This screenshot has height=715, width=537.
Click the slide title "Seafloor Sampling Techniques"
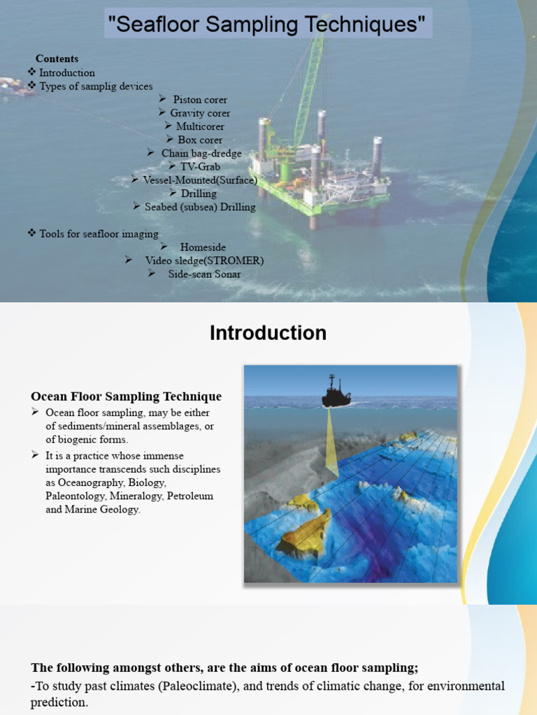[x=266, y=25]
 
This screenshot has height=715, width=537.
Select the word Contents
[x=57, y=59]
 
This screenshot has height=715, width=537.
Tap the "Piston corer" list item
[x=200, y=100]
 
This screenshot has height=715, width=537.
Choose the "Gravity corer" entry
[x=200, y=113]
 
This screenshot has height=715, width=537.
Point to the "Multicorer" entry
[x=200, y=126]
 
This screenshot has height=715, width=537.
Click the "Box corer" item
[x=200, y=140]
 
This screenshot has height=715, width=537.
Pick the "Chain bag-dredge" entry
[x=201, y=153]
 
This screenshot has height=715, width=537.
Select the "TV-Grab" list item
[x=200, y=167]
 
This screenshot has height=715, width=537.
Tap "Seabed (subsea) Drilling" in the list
[x=200, y=207]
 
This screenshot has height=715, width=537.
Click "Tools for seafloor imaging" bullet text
[x=99, y=234]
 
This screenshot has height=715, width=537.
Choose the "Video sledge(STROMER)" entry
[x=204, y=260]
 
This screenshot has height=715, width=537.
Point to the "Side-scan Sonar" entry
[x=204, y=274]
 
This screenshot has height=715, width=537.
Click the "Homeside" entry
[x=203, y=247]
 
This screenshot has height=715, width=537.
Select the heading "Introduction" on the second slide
[x=268, y=333]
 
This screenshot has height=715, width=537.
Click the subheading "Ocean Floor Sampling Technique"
[x=127, y=397]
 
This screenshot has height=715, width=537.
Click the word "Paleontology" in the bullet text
[x=78, y=496]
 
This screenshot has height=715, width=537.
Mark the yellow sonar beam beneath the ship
[x=332, y=443]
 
